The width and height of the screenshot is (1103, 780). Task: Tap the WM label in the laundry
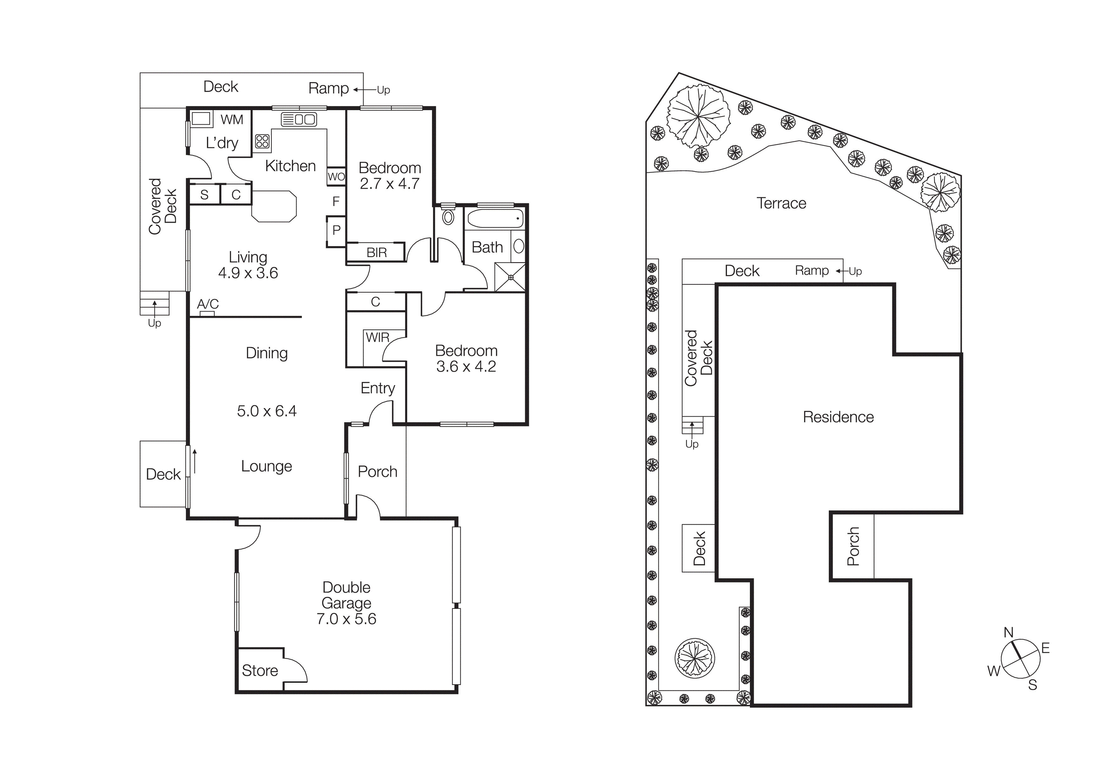coord(231,120)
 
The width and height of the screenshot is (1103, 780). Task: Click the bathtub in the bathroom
coord(495,219)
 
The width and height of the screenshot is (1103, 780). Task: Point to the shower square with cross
coord(510,277)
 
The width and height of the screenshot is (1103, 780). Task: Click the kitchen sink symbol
coord(299,119)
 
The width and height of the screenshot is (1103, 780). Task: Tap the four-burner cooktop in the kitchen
coord(262,141)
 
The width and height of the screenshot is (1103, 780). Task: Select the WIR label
coord(378,337)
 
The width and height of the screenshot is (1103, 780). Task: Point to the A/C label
coord(208,304)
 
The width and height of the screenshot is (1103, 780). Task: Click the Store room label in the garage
coord(260,671)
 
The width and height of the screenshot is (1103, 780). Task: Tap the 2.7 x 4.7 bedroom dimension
coord(390,183)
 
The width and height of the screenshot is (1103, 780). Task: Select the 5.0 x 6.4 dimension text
coord(267,411)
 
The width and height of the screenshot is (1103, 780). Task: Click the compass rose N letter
coord(1008,632)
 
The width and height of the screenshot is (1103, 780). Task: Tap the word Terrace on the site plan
coord(781,203)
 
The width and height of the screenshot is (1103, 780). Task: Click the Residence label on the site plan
coord(838,417)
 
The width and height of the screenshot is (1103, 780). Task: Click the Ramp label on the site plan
coord(812,271)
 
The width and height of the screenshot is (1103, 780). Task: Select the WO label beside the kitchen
coord(336,177)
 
